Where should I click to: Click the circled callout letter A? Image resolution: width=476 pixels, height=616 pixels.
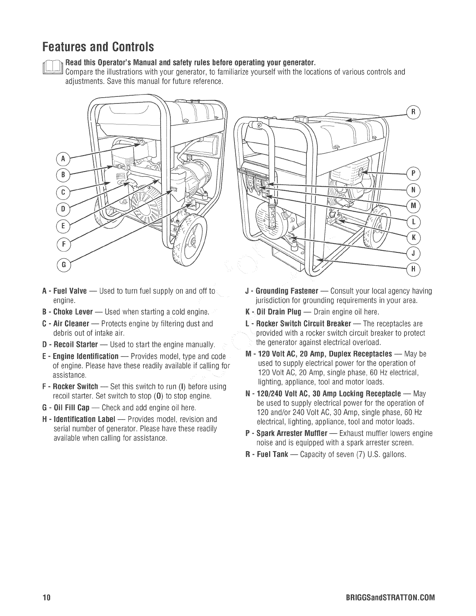(63, 159)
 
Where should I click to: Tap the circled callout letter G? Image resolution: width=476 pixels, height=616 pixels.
(62, 265)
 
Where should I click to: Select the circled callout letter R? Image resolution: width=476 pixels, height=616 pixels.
(414, 112)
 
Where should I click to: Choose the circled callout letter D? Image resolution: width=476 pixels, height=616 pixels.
(62, 209)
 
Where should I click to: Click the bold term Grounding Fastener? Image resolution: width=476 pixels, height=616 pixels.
(287, 291)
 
